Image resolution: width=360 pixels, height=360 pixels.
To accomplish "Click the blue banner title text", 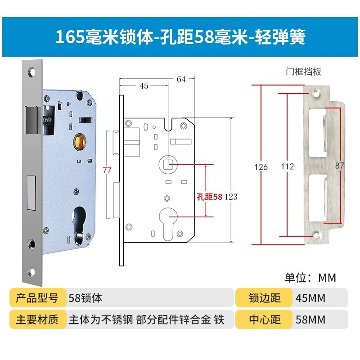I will tap(180, 37).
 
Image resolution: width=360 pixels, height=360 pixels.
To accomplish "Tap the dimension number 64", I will tap(181, 80).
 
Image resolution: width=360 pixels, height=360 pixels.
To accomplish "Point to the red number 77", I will tap(107, 170).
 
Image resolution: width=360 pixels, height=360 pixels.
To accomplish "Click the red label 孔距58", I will tap(210, 197).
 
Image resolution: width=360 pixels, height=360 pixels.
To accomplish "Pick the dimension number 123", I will tap(230, 197).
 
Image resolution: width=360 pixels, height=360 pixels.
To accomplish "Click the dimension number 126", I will tap(261, 167).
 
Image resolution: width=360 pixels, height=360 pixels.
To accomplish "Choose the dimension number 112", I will tap(287, 167).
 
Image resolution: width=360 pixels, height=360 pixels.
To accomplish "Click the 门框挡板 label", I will tap(303, 71).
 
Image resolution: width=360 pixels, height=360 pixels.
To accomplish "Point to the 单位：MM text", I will tap(310, 277).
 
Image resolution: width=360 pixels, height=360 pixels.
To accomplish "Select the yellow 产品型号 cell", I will tap(37, 297).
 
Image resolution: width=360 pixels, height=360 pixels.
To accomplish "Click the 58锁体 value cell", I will tap(85, 297).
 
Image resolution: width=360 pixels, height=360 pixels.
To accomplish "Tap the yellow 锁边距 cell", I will tap(265, 297).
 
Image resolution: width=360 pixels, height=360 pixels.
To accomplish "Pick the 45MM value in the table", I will tap(310, 297).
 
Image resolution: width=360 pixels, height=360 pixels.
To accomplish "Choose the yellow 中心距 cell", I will tap(265, 319).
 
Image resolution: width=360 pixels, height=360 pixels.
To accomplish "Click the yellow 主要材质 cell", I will tap(37, 319).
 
